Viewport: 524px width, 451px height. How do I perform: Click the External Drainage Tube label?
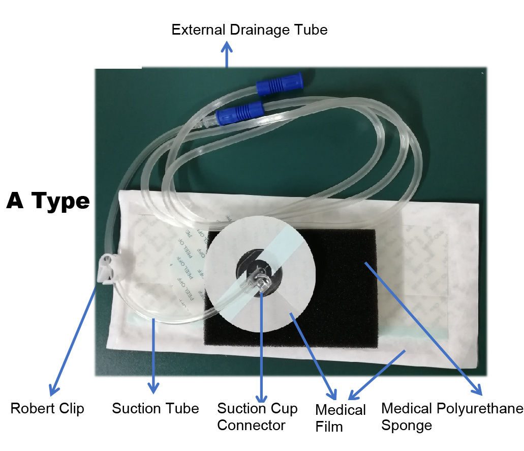pos(249,30)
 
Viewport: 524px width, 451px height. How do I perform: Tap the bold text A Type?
pos(48,202)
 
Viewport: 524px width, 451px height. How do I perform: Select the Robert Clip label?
pos(47,409)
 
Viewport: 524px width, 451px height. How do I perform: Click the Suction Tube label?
pos(155,408)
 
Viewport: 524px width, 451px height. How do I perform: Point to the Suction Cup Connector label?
pos(257,416)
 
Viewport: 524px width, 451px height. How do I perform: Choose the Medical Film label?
pos(341,417)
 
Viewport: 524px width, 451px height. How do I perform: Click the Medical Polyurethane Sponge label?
pos(452,416)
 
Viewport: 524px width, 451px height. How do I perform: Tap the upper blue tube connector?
pos(280,86)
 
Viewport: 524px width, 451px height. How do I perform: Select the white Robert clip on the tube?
pos(107,268)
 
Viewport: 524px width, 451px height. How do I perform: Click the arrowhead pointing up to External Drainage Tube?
pos(227,48)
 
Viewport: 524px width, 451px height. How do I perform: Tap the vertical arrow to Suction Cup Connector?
pos(261,346)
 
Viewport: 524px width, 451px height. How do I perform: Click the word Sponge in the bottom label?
pos(406,425)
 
